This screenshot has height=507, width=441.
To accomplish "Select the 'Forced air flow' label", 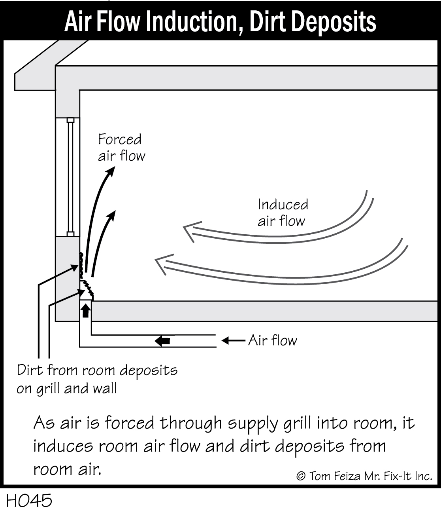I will coord(121,147).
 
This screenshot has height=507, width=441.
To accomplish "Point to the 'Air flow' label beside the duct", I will coord(273,340).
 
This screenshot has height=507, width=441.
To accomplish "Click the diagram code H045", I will coord(29,500).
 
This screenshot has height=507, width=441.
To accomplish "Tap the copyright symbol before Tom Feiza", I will coord(301,476).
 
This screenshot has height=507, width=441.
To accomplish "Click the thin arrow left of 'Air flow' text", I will coord(233,340).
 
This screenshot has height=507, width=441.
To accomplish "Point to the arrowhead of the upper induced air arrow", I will coord(190,232).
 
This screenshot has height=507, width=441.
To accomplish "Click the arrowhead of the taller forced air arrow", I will coord(111,171).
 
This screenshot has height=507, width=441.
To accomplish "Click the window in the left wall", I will coord(68,177).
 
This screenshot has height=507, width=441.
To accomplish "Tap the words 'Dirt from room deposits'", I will coord(97,370).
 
